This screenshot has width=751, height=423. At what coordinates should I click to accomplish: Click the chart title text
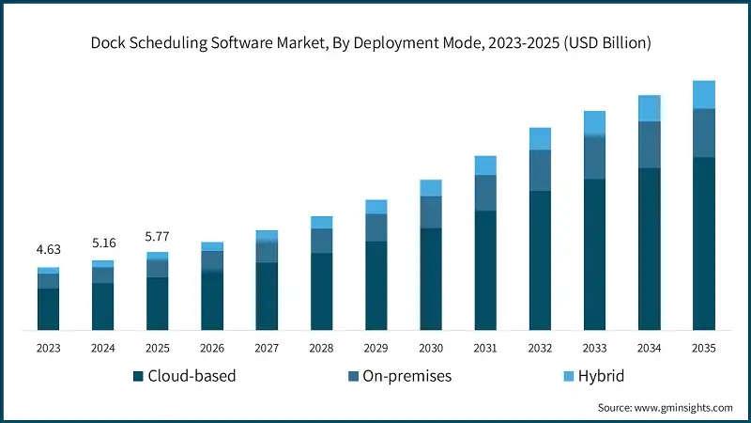(x=375, y=43)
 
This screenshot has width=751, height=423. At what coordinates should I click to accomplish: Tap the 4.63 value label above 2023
(x=49, y=250)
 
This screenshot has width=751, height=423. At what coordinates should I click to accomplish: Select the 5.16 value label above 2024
(x=103, y=243)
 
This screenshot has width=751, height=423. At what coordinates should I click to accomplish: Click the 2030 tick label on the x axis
(x=431, y=348)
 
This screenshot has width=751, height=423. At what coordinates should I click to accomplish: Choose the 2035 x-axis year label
(x=703, y=348)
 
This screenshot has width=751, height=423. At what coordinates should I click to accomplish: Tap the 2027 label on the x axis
(x=267, y=348)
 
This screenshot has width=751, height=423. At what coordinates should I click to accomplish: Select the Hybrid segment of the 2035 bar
(x=703, y=94)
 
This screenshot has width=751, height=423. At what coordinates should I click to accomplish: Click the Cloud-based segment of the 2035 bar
(x=703, y=243)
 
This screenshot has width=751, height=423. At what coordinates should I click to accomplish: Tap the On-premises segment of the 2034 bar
(x=649, y=145)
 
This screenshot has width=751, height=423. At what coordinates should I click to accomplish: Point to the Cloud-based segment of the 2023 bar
(x=49, y=309)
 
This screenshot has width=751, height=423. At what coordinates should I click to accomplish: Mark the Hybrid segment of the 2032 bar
(x=540, y=139)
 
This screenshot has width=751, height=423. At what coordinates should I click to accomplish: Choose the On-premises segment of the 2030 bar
(x=431, y=211)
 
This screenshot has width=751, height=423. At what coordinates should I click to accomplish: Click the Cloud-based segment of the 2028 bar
(x=322, y=291)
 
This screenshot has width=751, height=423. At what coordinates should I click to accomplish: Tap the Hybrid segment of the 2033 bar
(x=594, y=123)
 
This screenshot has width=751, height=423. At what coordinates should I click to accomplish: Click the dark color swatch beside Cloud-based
(x=139, y=376)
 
